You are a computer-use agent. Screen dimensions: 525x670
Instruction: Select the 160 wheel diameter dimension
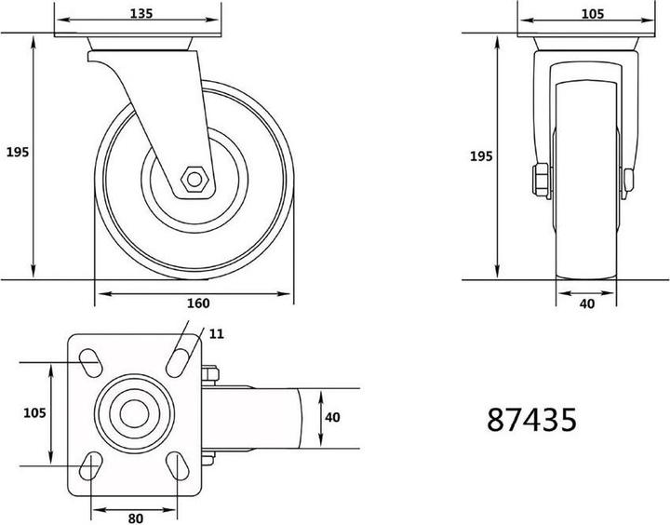(198, 303)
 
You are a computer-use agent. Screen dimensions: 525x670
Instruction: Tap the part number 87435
(532, 419)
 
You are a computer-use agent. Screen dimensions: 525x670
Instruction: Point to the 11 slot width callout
(217, 332)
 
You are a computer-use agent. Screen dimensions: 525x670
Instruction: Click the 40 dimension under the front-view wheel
(587, 303)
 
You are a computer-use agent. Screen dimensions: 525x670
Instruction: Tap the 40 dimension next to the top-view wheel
(332, 417)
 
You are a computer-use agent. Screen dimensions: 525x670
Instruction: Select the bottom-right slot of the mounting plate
(180, 464)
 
